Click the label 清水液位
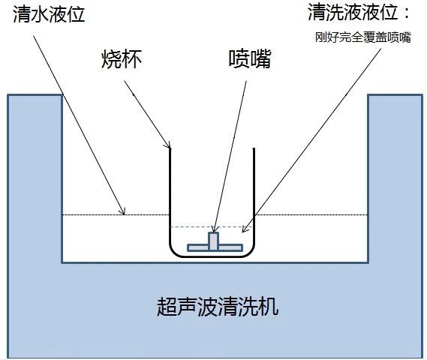(x=49, y=14)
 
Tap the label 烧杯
(x=122, y=59)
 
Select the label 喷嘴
(x=250, y=58)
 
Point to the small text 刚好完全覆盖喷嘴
(x=363, y=37)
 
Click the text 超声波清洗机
(x=218, y=307)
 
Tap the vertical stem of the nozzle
(x=213, y=241)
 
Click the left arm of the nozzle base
(x=198, y=248)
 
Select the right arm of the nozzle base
(x=230, y=248)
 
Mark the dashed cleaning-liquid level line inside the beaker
(x=212, y=226)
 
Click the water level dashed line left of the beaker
(x=116, y=215)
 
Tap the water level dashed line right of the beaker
(x=311, y=215)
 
